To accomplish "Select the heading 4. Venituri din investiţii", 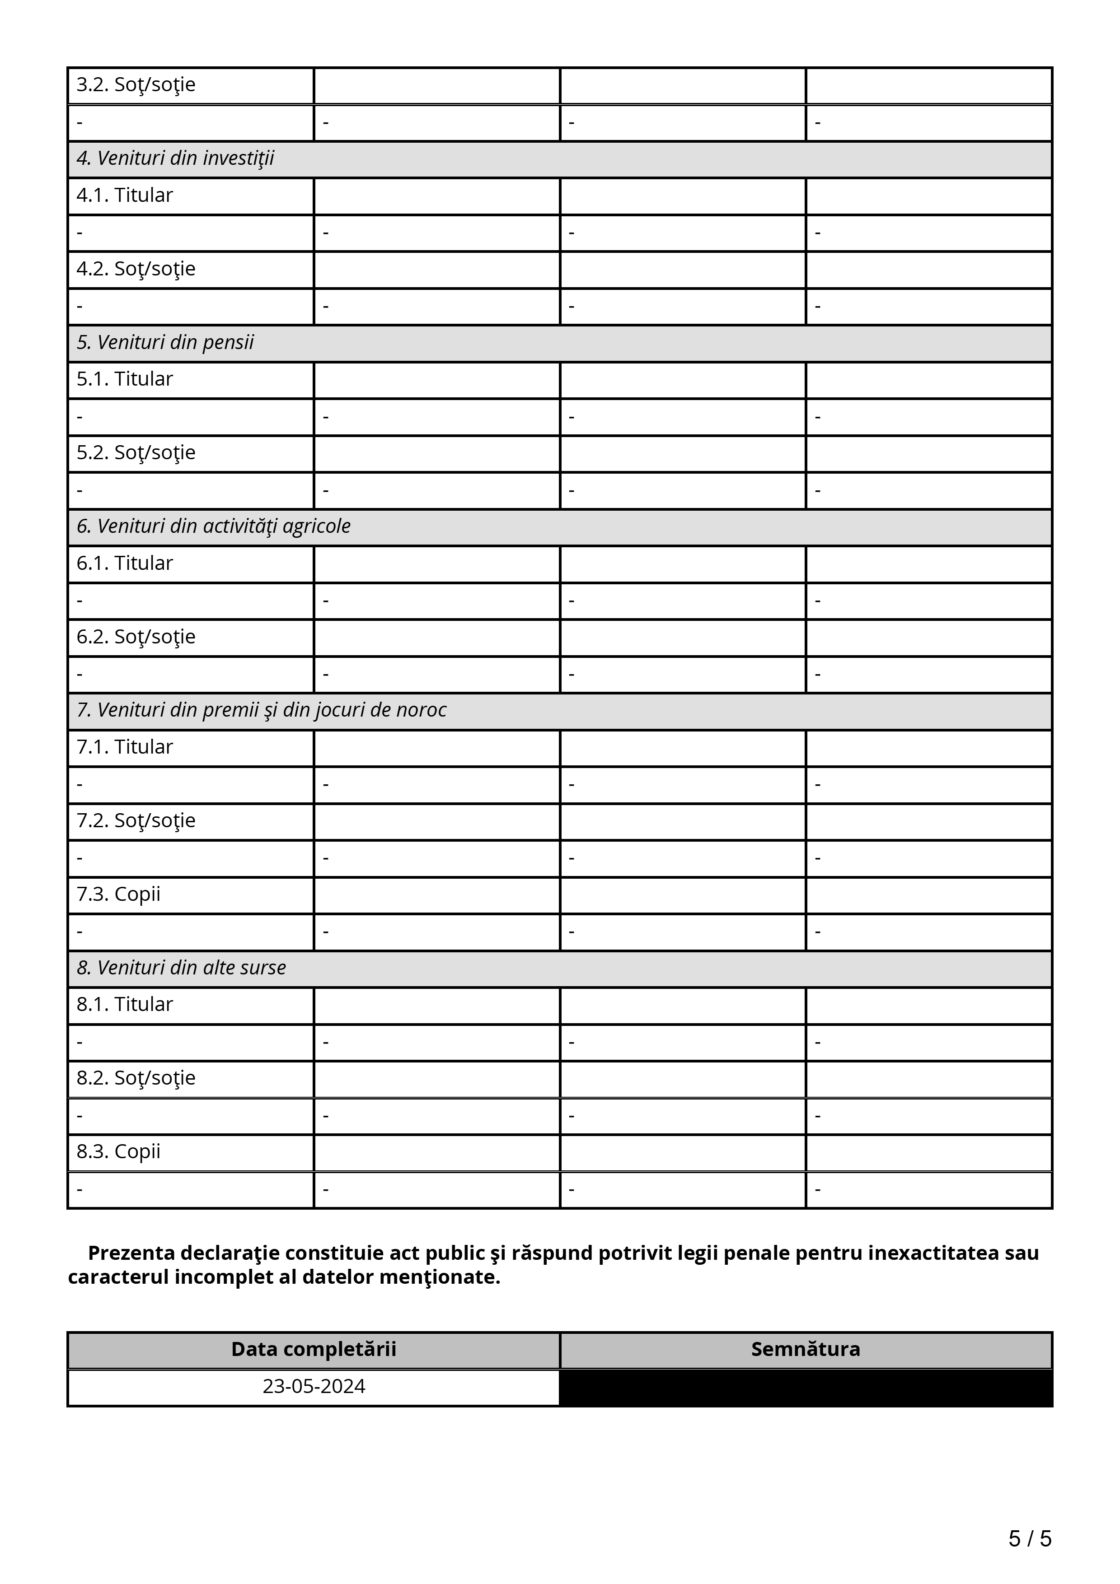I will (x=175, y=158).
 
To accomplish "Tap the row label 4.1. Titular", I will (x=124, y=195).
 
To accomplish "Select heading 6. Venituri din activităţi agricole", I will (x=213, y=526).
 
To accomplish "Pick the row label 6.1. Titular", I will (x=124, y=563).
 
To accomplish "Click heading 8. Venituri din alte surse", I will (x=181, y=968).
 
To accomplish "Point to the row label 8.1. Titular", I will (x=124, y=1005).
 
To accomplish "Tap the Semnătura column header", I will (x=805, y=1350).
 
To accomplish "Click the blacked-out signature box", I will (x=805, y=1388).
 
